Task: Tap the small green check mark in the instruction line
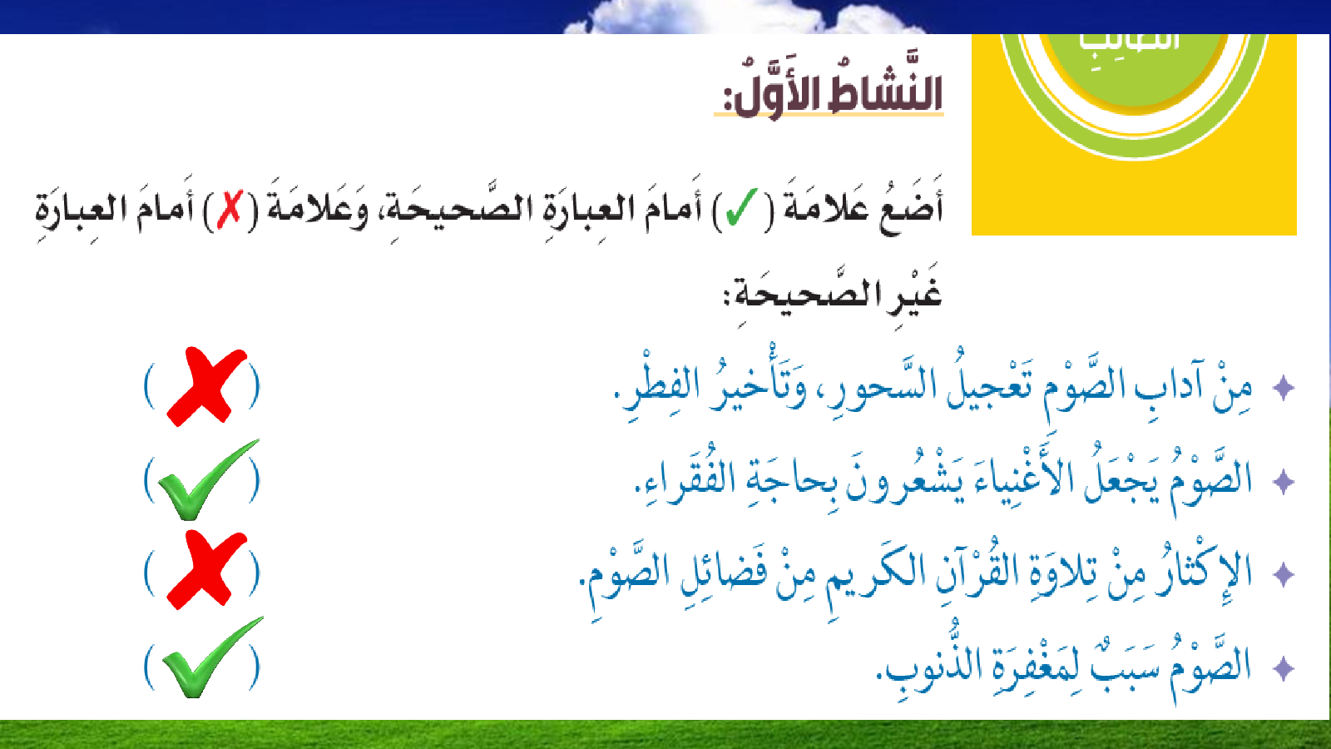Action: pos(741,208)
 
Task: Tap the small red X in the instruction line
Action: pos(230,208)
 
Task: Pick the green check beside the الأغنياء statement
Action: pos(208,480)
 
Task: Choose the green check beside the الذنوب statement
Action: pos(210,657)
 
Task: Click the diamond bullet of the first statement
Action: pos(1284,388)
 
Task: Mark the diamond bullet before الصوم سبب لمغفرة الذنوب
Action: pos(1284,668)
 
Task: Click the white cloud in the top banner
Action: pos(737,17)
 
